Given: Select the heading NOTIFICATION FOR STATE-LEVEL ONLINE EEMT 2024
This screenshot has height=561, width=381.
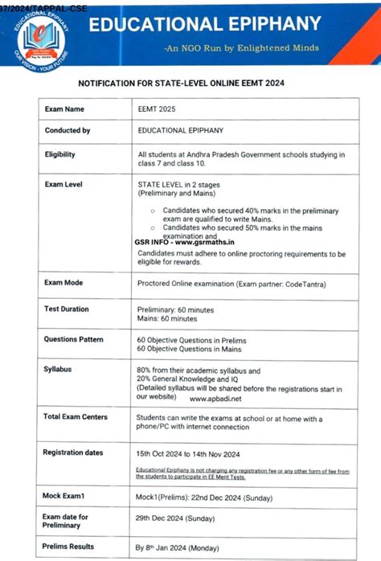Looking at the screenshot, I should click(x=193, y=83).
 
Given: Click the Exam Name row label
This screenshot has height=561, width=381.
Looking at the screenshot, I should click(x=64, y=109).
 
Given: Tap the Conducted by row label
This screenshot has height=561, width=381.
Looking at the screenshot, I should click(x=68, y=130).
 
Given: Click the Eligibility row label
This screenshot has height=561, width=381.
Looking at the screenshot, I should click(x=62, y=154).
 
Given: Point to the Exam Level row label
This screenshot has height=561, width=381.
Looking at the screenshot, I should click(x=63, y=185).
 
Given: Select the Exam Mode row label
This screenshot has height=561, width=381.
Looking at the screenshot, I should click(x=63, y=283).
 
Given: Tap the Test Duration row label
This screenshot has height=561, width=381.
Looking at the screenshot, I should click(x=67, y=309).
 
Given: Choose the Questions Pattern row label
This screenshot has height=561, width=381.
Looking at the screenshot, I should click(x=74, y=339).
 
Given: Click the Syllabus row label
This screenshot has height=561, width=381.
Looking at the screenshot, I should click(x=59, y=368).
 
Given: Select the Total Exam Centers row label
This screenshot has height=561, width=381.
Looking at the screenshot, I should click(x=77, y=417).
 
